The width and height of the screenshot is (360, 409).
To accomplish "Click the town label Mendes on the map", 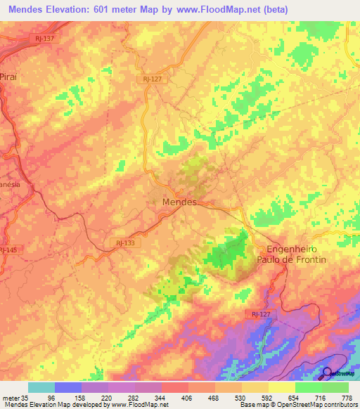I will (x=171, y=202).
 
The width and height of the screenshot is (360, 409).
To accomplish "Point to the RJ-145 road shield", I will (x=7, y=250).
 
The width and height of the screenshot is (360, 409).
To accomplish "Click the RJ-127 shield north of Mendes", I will (x=152, y=79).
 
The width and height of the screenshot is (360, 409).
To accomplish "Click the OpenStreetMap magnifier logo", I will (x=327, y=373).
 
